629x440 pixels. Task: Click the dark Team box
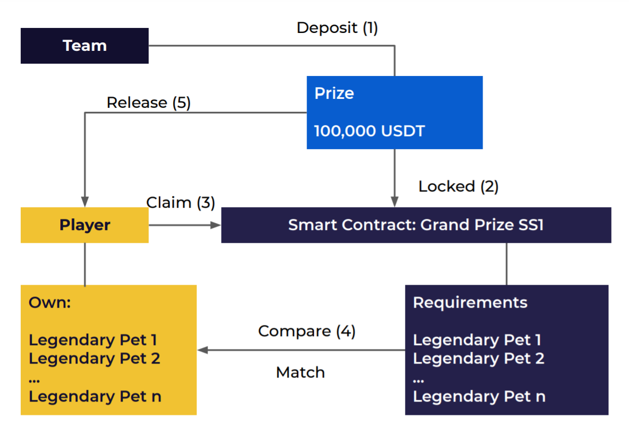84,46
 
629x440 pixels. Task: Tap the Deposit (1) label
337,28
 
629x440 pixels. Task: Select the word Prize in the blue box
334,93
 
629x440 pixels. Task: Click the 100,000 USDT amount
369,131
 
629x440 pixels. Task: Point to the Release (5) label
149,103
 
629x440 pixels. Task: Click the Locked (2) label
458,186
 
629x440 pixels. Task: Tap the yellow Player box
84,225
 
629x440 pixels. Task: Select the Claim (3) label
180,203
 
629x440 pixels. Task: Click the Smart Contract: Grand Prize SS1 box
416,225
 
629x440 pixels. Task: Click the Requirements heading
470,303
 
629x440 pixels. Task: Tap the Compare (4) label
307,331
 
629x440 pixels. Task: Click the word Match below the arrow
300,372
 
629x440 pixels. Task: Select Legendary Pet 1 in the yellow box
93,339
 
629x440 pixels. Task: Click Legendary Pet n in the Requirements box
479,396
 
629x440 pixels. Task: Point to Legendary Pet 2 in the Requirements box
478,358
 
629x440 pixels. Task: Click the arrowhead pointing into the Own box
202,350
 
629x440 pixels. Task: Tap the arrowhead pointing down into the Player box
85,202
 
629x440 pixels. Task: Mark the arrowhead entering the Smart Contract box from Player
216,225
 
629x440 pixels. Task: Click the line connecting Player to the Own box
85,264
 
